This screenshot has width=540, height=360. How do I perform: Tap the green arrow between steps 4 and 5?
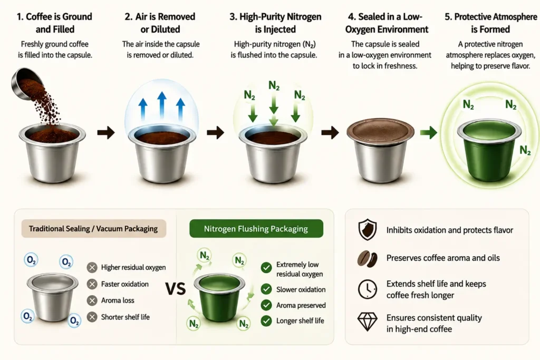(429, 132)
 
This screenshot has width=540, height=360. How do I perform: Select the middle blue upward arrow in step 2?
(162, 105)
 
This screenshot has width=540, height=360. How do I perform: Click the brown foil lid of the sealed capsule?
(380, 132)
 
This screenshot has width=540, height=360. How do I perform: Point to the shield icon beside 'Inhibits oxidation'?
(368, 230)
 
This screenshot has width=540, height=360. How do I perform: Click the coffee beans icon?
(368, 258)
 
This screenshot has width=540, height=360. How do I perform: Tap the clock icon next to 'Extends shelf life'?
(368, 289)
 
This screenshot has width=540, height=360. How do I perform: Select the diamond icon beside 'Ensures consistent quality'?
(368, 322)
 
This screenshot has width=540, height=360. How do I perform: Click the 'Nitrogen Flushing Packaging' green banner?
(256, 229)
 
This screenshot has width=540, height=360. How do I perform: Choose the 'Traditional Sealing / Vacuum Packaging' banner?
(94, 229)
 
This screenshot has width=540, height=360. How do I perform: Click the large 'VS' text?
(176, 289)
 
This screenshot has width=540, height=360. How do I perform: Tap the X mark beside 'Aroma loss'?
(92, 300)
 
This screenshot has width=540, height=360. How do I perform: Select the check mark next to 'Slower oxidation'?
(266, 289)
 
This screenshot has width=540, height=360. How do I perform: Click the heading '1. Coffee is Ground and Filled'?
(55, 23)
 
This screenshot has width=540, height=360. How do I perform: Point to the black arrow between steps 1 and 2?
(106, 132)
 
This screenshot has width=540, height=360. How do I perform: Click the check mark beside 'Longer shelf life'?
(266, 321)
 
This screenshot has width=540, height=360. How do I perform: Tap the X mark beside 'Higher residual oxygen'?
(92, 267)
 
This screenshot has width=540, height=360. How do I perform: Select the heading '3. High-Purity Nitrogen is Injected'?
(275, 23)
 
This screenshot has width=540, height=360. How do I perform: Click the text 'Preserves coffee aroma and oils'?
(443, 258)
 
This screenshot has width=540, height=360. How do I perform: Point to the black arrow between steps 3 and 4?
(330, 132)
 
